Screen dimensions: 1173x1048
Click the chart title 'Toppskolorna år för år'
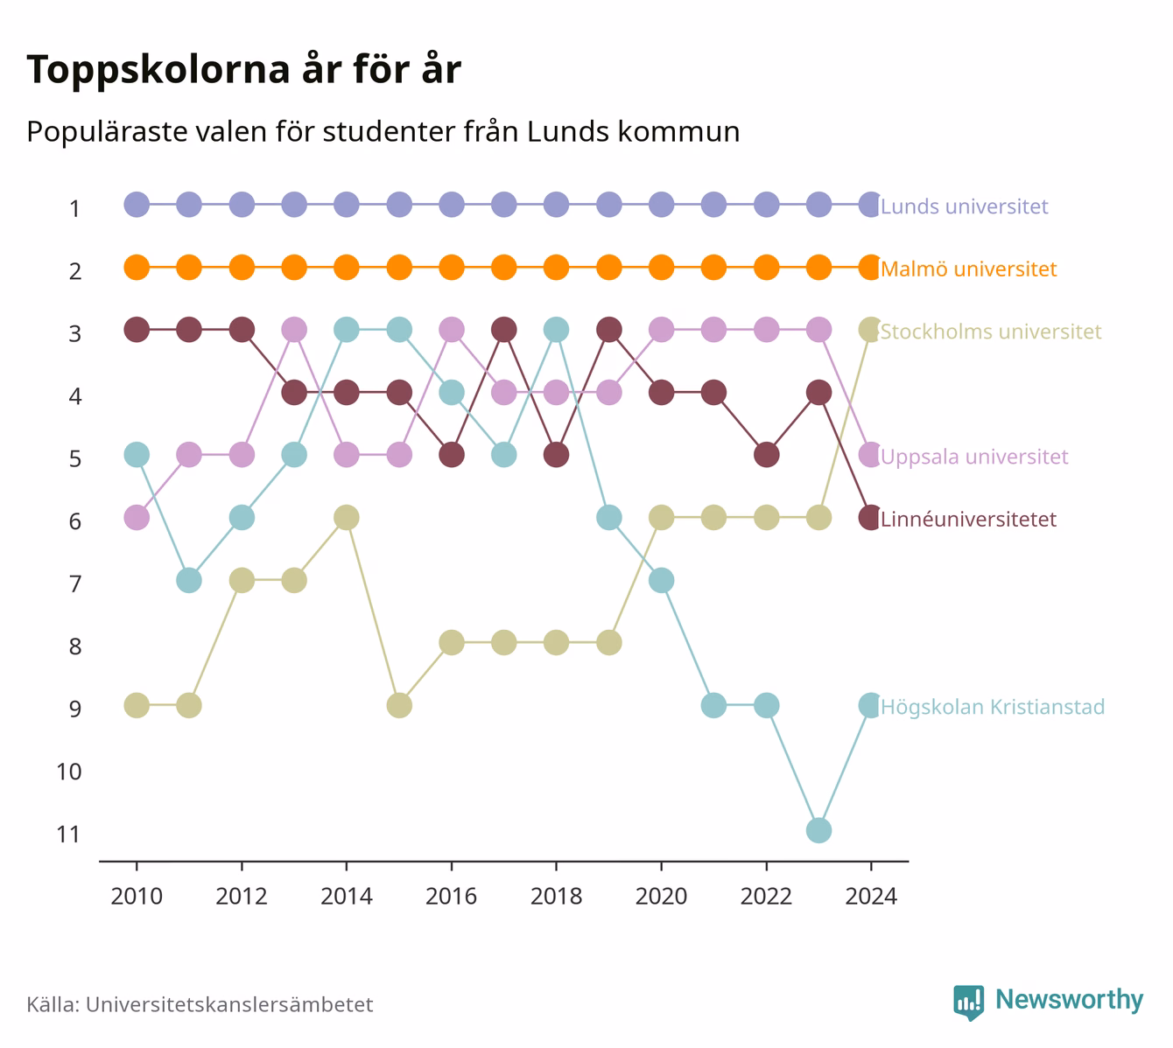243,69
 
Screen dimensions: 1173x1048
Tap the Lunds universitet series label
964,206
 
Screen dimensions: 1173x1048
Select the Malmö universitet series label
969,269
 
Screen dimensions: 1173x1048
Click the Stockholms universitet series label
991,331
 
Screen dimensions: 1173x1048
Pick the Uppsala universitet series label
974,457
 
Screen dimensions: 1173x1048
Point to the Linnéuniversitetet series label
969,519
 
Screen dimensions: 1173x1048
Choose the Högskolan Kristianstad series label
993,707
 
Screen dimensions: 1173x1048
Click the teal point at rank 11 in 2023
818,830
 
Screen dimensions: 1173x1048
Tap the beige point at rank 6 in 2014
347,517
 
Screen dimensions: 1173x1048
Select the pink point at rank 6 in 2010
137,517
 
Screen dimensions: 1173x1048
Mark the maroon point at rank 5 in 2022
767,455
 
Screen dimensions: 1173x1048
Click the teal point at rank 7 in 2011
189,580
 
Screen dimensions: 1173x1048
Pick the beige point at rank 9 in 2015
399,705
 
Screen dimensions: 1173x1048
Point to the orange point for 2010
137,268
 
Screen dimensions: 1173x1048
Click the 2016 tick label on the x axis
451,897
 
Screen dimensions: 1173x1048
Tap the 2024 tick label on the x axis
871,897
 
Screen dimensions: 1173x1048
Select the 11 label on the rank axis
68,835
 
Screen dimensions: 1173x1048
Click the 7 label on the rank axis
75,584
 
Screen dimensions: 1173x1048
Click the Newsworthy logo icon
969,1003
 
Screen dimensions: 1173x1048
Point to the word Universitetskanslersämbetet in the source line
229,1004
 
